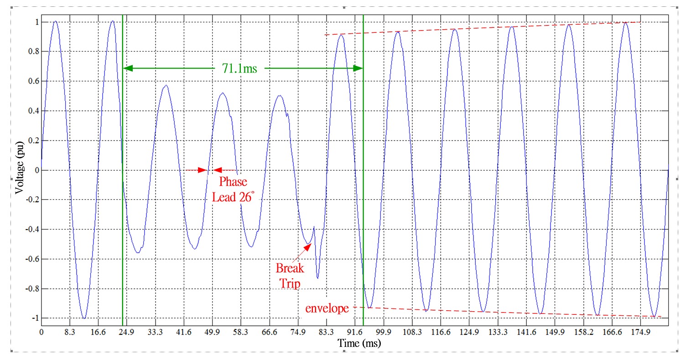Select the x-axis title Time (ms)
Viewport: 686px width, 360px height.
pos(360,343)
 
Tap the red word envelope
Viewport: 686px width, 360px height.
pos(327,308)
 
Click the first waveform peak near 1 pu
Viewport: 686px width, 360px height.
pos(55,21)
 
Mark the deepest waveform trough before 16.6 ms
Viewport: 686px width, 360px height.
pos(84,318)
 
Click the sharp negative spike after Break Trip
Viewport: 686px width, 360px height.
pos(317,277)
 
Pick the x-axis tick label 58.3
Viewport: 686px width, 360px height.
pos(240,333)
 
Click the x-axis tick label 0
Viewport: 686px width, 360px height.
pos(42,333)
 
